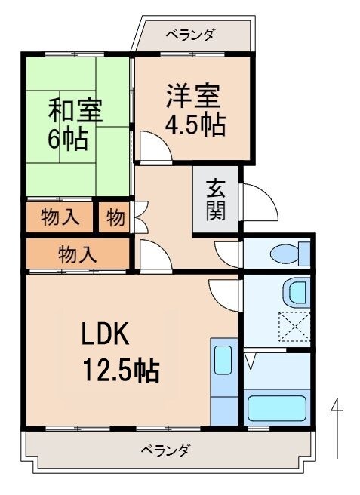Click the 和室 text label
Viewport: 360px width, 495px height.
(74, 109)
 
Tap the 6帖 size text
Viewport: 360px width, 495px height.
(68, 139)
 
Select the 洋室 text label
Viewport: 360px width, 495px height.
(194, 96)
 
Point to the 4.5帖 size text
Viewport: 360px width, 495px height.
(195, 124)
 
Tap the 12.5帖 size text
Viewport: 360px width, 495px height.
(121, 370)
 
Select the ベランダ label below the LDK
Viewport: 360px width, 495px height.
(165, 450)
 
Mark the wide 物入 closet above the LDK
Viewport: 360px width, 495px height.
(78, 254)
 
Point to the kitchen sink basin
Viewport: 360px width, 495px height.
(223, 361)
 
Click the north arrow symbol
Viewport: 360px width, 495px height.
(337, 430)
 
